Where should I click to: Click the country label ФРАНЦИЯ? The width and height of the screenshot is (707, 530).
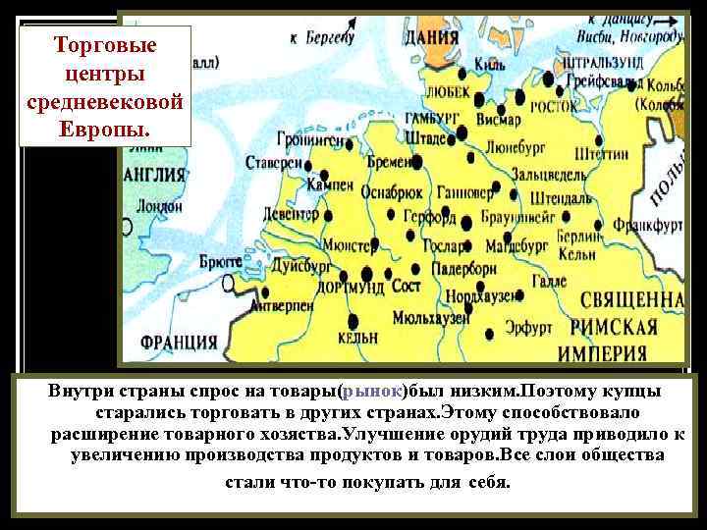(179, 343)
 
